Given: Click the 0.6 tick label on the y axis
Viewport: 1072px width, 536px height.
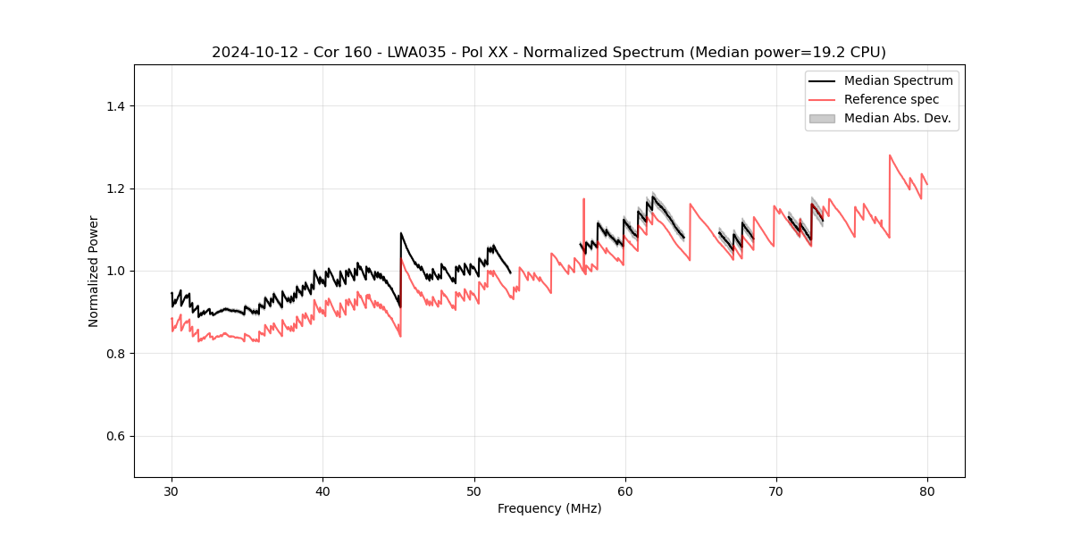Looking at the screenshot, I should click(115, 436).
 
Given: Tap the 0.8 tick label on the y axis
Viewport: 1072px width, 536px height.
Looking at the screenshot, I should click(115, 354).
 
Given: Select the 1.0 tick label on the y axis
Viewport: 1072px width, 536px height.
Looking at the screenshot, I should click(115, 271).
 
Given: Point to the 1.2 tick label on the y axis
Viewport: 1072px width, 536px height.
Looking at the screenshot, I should click(115, 188).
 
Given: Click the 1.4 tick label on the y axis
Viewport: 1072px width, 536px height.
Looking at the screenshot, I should click(115, 106).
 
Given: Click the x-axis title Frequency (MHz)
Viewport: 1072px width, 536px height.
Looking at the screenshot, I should click(549, 508).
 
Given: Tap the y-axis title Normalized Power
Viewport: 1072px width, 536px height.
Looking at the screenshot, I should click(94, 271).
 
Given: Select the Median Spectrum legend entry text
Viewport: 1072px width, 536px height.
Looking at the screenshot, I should click(898, 80).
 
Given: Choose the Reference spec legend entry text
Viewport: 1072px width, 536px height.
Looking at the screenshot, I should click(892, 99).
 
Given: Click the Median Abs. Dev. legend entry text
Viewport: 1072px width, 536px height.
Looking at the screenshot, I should click(898, 118).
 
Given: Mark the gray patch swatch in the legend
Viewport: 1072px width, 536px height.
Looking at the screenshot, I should click(822, 118).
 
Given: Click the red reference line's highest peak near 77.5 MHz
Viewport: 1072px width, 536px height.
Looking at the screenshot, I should click(890, 155).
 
